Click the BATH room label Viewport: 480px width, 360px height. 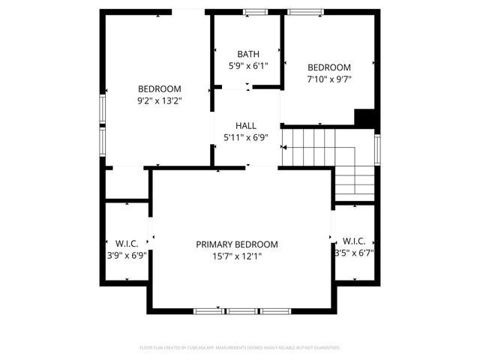click(x=248, y=54)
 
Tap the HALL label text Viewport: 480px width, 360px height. click(x=246, y=126)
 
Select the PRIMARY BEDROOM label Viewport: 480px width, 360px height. click(x=237, y=244)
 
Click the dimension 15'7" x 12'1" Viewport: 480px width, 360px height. click(x=236, y=256)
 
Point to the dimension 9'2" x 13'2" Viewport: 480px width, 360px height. click(x=160, y=100)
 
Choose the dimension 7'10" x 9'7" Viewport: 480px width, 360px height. click(x=329, y=79)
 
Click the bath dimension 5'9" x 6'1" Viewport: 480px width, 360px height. click(x=248, y=66)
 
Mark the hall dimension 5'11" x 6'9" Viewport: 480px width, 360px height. click(x=246, y=138)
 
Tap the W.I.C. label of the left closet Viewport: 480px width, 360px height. click(x=126, y=243)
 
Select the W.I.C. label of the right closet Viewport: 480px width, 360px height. click(x=354, y=241)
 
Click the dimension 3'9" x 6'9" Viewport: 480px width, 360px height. click(x=126, y=255)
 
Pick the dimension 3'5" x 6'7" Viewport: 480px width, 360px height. click(x=354, y=253)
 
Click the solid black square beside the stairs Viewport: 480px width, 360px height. click(x=364, y=118)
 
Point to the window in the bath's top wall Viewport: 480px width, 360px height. click(x=255, y=11)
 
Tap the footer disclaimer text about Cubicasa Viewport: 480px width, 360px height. click(x=240, y=348)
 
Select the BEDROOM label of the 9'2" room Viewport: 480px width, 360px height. click(x=160, y=88)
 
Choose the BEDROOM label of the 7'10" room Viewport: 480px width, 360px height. click(x=329, y=67)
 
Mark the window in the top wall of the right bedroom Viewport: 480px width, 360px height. click(x=305, y=11)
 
